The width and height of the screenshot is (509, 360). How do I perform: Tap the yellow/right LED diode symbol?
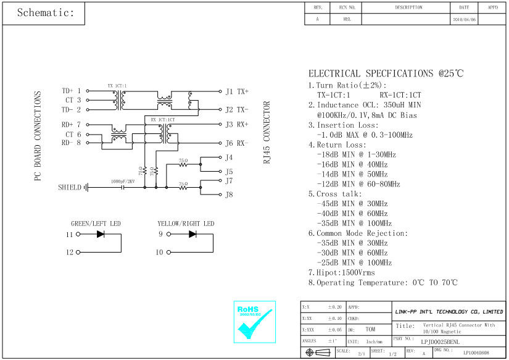[x=192, y=235]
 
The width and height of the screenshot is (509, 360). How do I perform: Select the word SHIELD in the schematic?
[x=70, y=187]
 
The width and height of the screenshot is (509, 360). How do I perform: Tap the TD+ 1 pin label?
[x=72, y=91]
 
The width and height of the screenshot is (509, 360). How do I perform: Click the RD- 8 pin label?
[x=72, y=143]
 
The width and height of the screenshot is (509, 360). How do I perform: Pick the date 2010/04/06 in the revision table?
[x=464, y=20]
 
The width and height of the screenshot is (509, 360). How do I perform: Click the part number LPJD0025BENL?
[x=441, y=341]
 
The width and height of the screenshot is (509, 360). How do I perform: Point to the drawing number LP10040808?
[x=476, y=353]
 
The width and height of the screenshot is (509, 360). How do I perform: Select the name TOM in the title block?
[x=370, y=330]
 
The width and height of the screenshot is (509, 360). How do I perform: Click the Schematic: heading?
[x=45, y=13]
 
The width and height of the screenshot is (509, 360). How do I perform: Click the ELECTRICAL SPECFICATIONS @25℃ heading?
[x=386, y=73]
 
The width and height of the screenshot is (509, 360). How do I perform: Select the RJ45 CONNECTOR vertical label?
[x=267, y=132]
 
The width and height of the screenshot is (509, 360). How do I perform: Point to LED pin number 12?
[x=69, y=253]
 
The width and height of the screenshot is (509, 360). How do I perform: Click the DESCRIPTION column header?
[x=408, y=7]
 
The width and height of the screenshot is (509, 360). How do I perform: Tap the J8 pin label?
[x=229, y=195]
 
